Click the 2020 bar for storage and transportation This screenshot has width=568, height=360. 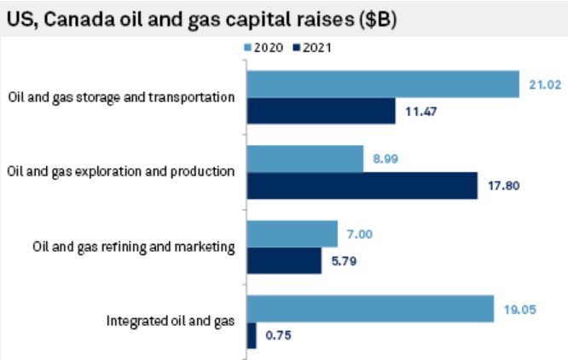383,84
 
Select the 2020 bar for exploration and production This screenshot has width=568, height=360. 304,159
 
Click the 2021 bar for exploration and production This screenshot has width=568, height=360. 362,185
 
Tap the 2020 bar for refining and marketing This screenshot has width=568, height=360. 292,233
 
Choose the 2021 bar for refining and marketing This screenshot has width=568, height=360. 284,260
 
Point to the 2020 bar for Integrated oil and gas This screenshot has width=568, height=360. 370,308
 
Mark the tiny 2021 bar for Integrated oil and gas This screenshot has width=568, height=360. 251,335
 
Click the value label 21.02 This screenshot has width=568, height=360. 542,84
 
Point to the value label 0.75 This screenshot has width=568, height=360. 278,336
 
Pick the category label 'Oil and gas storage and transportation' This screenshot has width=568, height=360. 121,96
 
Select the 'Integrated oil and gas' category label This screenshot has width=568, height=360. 170,322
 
